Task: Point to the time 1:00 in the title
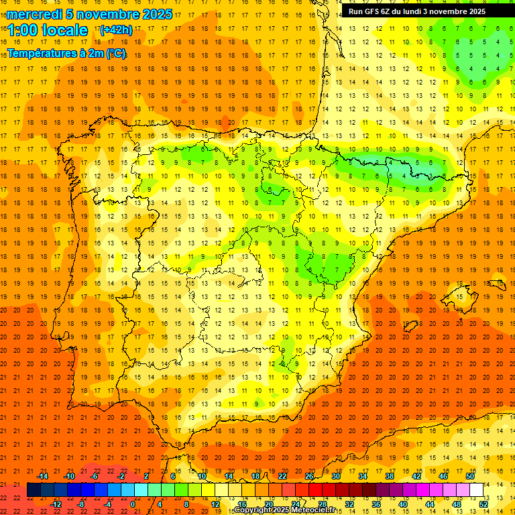[x=23, y=30]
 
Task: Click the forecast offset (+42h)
[x=115, y=30]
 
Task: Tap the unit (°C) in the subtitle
[x=117, y=53]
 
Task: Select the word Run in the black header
[x=355, y=11]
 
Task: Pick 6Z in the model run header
[x=388, y=11]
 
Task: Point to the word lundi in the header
[x=419, y=11]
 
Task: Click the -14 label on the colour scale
[x=43, y=476]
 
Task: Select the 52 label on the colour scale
[x=483, y=504]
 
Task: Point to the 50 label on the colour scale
[x=470, y=476]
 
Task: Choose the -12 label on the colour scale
[x=56, y=504]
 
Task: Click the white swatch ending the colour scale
[x=476, y=490]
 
